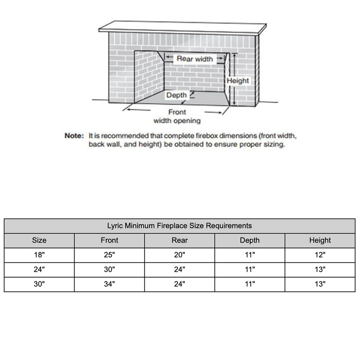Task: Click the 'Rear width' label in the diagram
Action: tap(195, 59)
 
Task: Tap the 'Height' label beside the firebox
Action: tap(238, 81)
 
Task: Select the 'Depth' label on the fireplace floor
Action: tap(176, 95)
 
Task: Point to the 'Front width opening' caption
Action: tap(177, 117)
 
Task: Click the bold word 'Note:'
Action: tap(74, 136)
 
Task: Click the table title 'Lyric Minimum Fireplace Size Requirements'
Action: tap(179, 226)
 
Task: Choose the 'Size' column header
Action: tap(39, 240)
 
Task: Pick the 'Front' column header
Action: tap(109, 240)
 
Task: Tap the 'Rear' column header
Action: tap(180, 240)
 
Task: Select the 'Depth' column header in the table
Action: tap(250, 240)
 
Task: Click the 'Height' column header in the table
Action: tap(320, 240)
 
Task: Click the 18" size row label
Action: tap(39, 255)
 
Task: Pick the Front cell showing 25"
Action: tap(109, 255)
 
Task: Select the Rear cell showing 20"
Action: tap(180, 255)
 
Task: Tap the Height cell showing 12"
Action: tap(320, 255)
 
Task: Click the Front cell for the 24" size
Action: tap(109, 269)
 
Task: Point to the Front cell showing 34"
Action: tap(109, 284)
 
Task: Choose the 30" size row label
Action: tap(39, 284)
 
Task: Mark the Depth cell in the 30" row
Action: tap(250, 284)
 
